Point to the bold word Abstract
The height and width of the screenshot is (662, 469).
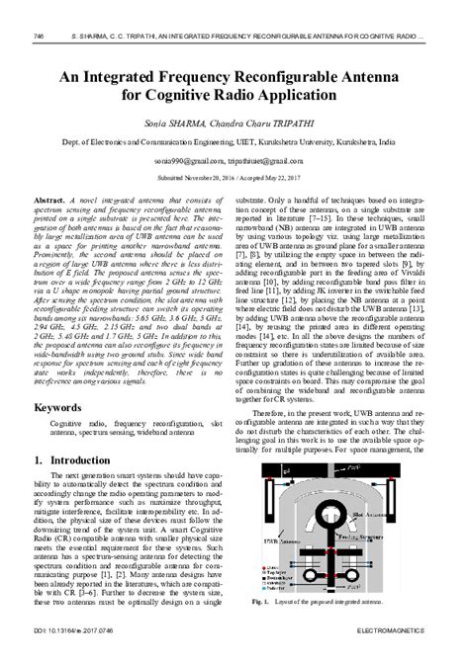tap(48, 200)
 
